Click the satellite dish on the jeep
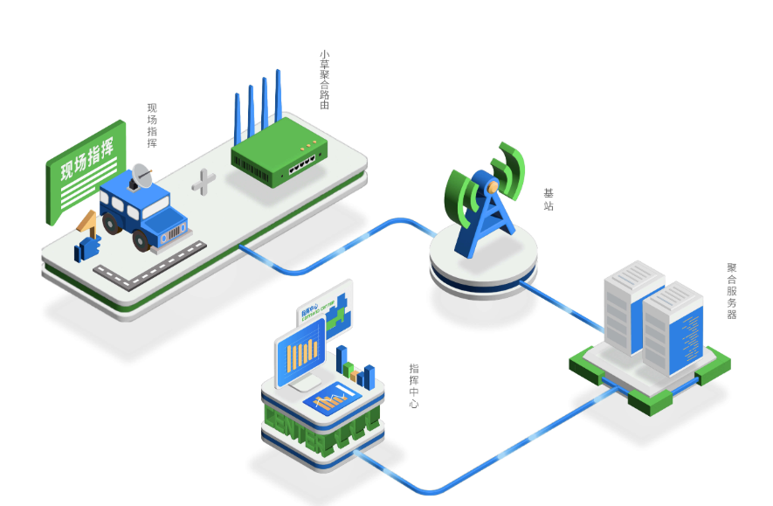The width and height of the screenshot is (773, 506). [x=141, y=177]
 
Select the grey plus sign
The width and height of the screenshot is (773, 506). [x=204, y=182]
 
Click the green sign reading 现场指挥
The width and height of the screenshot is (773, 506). [x=85, y=170]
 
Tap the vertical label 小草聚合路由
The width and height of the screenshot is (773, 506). [x=324, y=80]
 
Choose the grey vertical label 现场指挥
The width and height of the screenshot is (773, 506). [x=152, y=126]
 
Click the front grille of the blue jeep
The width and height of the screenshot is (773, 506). [x=175, y=232]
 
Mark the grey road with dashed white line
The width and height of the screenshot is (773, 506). [x=148, y=267]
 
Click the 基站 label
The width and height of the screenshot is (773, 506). [x=549, y=200]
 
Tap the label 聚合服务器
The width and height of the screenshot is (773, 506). [x=732, y=291]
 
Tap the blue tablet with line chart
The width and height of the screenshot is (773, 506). [x=332, y=399]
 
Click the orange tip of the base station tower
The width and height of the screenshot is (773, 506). [x=492, y=185]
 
